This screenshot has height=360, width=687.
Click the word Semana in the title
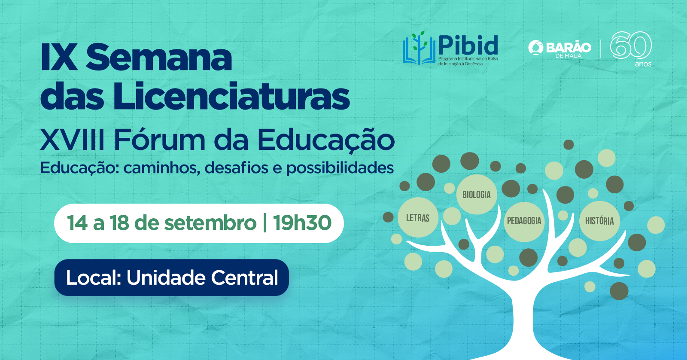[158, 57]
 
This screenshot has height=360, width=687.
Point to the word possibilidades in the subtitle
[340, 168]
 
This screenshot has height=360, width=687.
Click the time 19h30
[302, 223]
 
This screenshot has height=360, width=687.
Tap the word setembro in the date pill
[210, 223]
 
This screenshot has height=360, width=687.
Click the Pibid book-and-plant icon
[419, 48]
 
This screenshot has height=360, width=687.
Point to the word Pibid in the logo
[468, 45]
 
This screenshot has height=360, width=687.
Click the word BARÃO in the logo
[568, 48]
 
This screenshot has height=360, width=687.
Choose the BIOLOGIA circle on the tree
[477, 194]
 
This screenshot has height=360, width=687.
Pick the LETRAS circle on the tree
[418, 218]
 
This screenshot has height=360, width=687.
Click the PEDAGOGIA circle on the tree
[524, 221]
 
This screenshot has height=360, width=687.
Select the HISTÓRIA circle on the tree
[599, 221]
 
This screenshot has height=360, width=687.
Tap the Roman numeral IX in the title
[58, 57]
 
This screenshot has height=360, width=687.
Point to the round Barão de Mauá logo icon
[535, 48]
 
